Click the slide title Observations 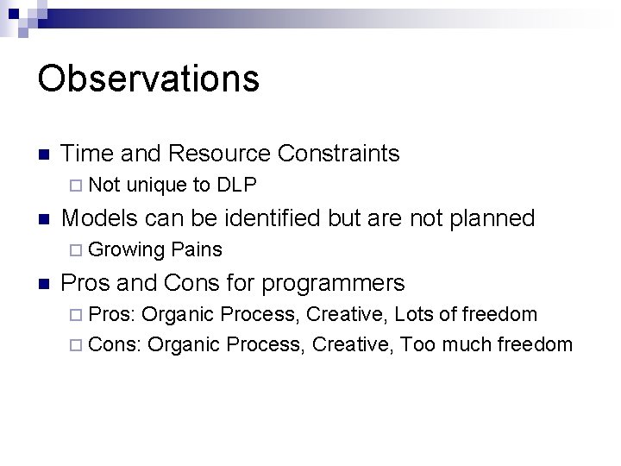tap(148, 79)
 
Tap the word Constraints tap(339, 154)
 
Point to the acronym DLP tap(237, 185)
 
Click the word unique tap(157, 185)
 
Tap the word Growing tap(127, 250)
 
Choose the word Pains tap(197, 250)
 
